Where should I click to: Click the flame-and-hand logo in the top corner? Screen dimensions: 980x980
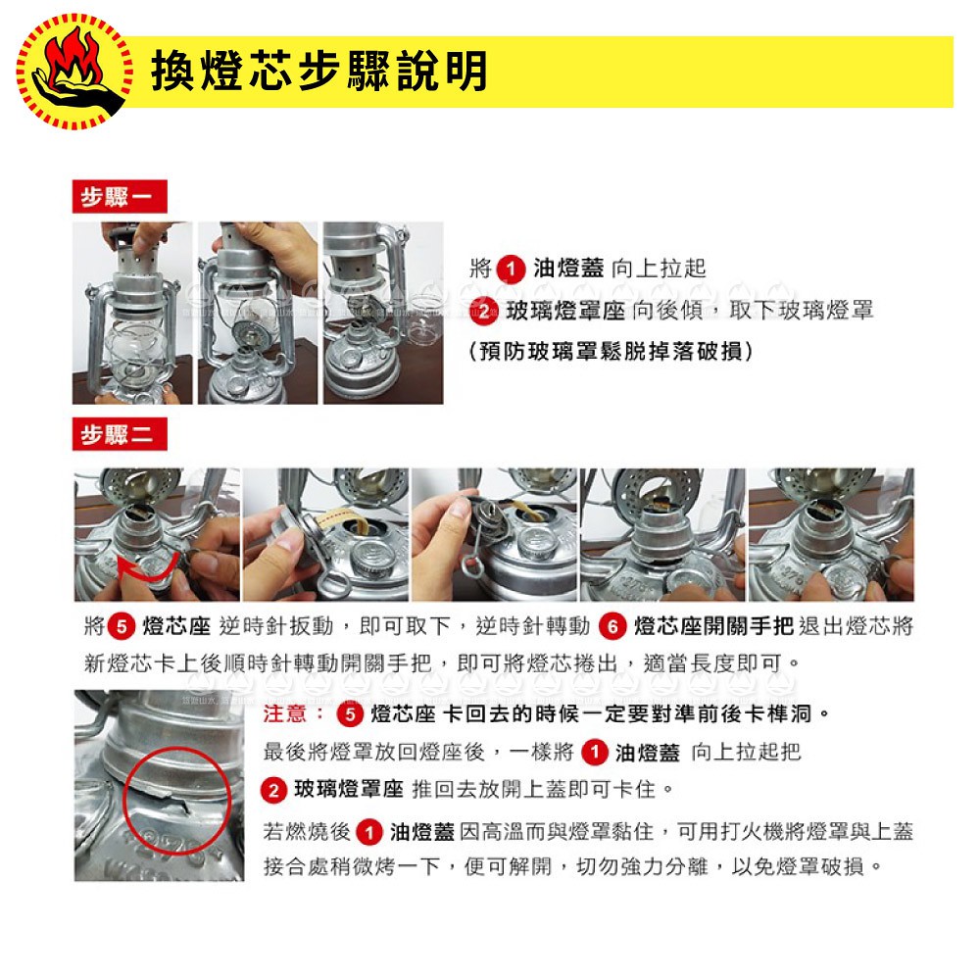click(x=74, y=72)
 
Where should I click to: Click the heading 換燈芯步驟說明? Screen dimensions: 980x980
click(x=318, y=72)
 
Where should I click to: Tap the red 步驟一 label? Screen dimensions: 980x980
click(x=120, y=197)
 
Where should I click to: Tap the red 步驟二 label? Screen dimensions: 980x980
click(x=120, y=434)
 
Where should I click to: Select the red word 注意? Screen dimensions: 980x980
click(x=284, y=713)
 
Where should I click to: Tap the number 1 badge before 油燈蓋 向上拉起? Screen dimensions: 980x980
click(x=511, y=269)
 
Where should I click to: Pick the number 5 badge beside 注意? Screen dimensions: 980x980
click(x=350, y=714)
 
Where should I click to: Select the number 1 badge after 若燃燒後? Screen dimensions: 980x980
click(x=368, y=832)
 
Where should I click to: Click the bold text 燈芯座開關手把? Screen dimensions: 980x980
click(x=713, y=625)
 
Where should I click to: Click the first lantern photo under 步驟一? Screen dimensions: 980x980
click(x=132, y=314)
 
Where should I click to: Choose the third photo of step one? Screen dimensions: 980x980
click(x=384, y=314)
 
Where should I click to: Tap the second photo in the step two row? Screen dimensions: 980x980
click(x=325, y=535)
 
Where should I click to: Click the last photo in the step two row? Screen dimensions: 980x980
click(x=831, y=535)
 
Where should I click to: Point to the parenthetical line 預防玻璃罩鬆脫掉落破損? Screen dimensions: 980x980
click(x=611, y=351)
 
